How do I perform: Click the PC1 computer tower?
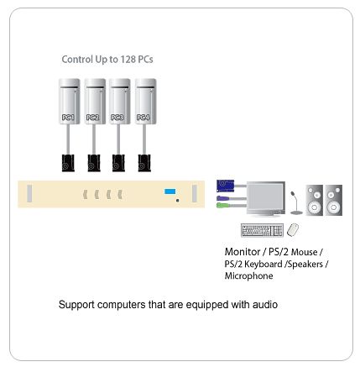coord(70,102)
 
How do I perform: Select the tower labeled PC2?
coord(95,102)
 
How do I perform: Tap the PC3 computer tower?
coord(120,102)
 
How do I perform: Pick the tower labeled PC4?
coord(145,102)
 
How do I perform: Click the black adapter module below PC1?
coord(68,163)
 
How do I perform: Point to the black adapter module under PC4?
coord(144,163)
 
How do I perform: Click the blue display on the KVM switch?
coord(170,191)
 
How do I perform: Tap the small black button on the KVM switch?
coord(178,200)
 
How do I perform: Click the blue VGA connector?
coord(225,186)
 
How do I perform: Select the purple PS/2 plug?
coord(223,198)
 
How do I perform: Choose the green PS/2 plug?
coord(223,206)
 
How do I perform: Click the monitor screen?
coord(266,197)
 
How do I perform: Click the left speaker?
coord(315,200)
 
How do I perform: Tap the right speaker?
coord(333,200)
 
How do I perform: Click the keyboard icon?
coord(262,230)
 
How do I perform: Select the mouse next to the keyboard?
coord(293,230)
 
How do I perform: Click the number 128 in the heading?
coord(128,60)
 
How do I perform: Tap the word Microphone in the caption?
coord(249,276)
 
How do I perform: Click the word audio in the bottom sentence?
coord(265,305)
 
